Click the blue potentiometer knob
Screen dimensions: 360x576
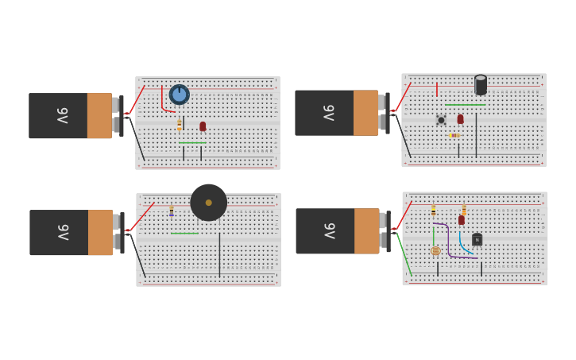pos(180,95)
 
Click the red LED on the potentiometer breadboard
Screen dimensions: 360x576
pos(203,126)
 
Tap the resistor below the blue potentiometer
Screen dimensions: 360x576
pos(180,124)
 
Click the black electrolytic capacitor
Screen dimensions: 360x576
pos(480,84)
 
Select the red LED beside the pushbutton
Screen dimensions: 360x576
pos(460,118)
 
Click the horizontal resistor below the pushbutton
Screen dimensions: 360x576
pos(454,135)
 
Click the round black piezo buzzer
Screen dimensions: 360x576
pos(209,203)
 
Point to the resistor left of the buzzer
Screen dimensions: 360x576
pos(171,211)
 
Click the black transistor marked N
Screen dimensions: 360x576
pos(477,239)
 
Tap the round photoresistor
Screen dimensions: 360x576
pos(435,250)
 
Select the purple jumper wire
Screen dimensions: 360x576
pos(449,242)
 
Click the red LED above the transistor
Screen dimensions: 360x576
pos(461,219)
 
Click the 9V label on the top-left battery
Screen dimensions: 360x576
pos(62,116)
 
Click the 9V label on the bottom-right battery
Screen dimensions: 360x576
pos(329,231)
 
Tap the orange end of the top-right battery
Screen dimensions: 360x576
pos(365,113)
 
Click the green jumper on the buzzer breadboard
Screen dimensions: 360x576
pos(184,233)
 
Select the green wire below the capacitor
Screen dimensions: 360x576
pos(465,104)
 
